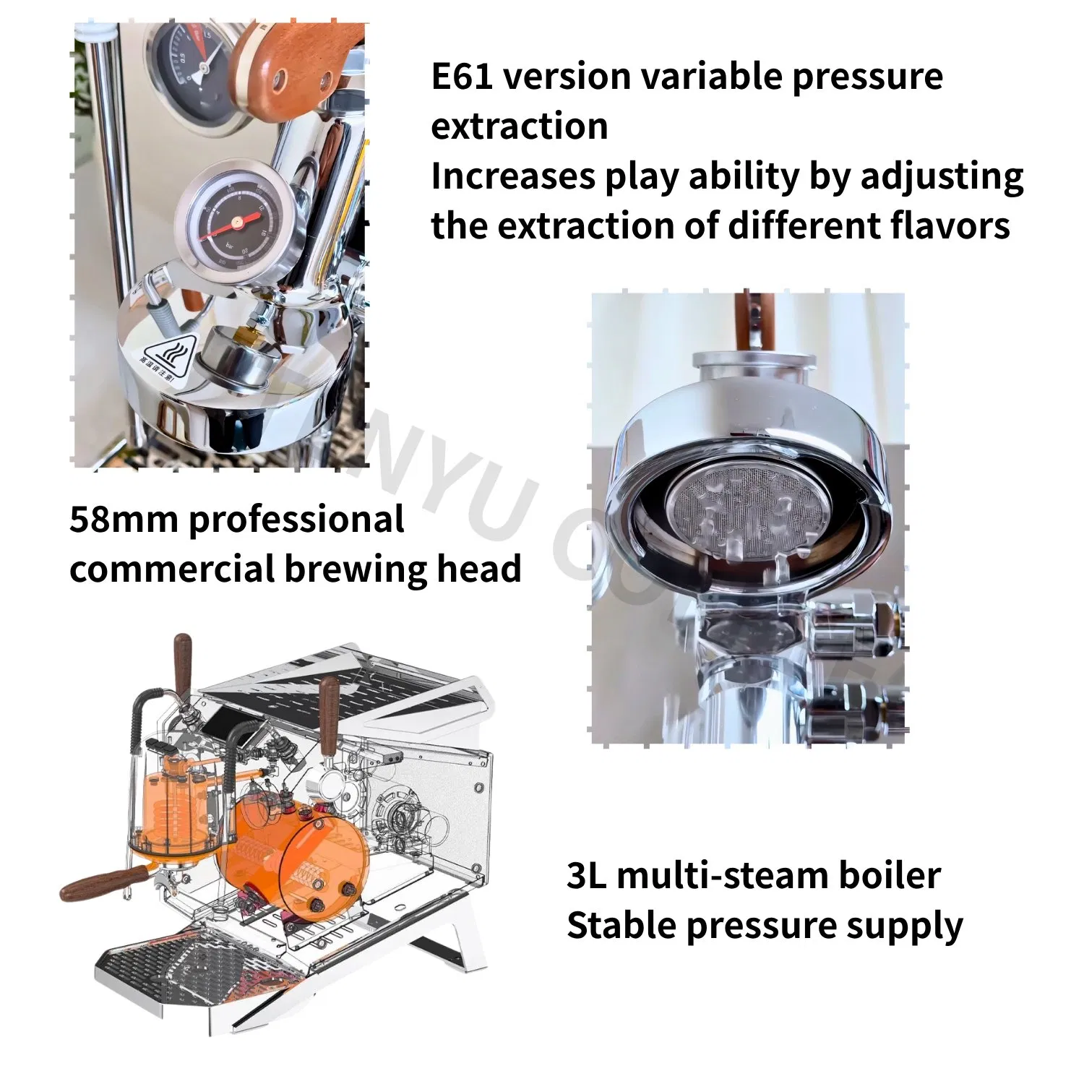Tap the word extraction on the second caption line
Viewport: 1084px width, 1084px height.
[519, 126]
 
